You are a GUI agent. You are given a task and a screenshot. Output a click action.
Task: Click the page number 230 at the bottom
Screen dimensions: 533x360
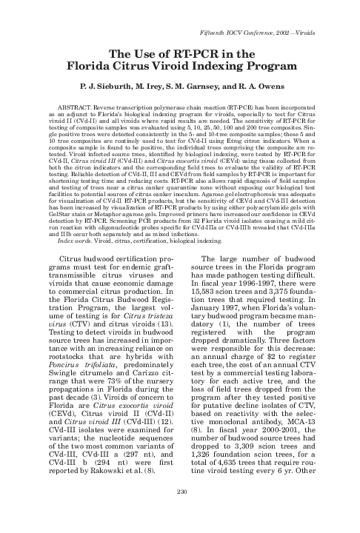click(x=180, y=512)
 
